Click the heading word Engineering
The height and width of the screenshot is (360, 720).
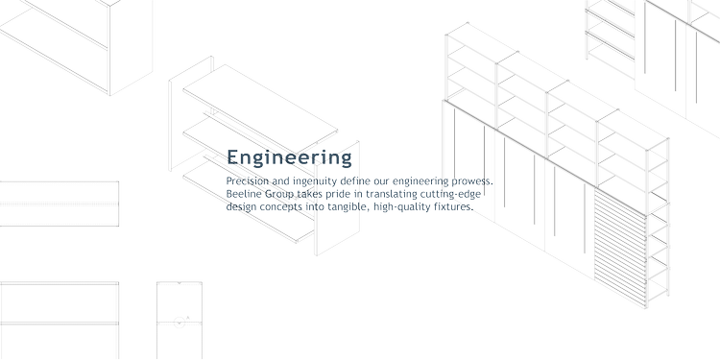[x=289, y=156]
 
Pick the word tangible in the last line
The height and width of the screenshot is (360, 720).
[x=345, y=205]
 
